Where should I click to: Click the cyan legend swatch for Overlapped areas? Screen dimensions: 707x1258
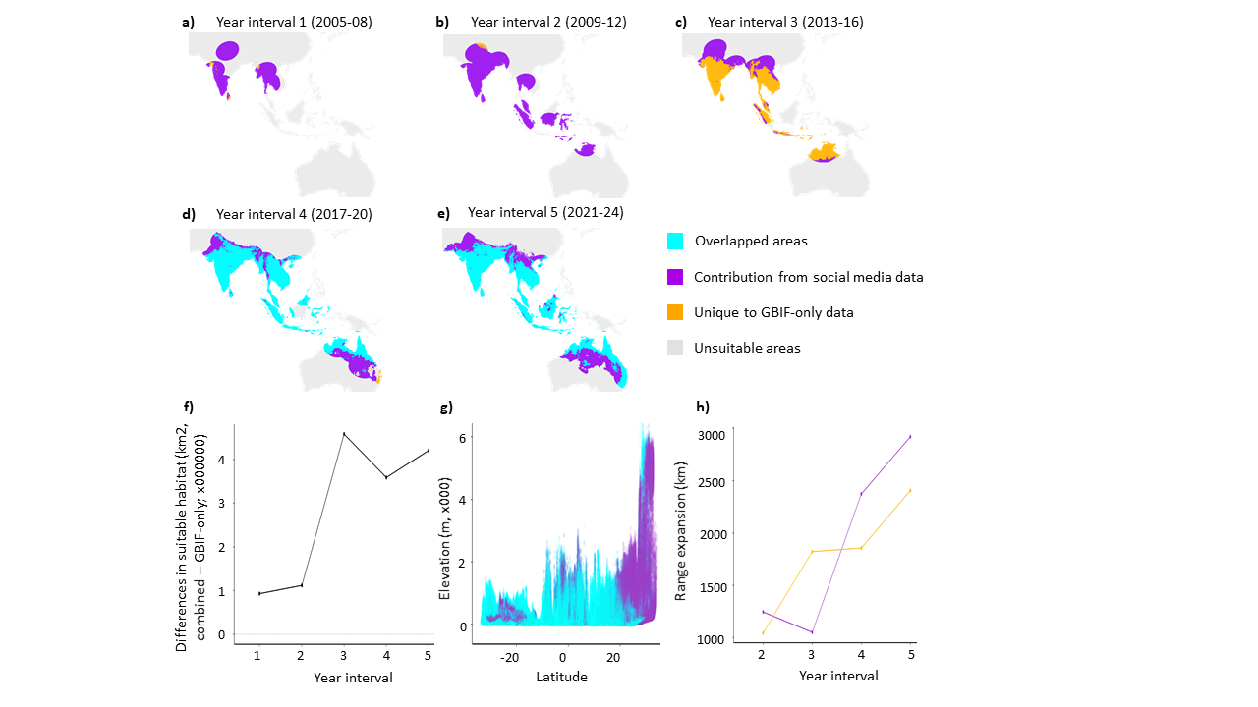tap(674, 242)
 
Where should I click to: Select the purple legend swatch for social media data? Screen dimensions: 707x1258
tap(674, 277)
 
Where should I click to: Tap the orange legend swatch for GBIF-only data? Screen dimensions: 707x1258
tap(674, 312)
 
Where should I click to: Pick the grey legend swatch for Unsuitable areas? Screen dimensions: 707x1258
tap(674, 348)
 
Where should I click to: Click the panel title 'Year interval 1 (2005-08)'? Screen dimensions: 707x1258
tap(281, 22)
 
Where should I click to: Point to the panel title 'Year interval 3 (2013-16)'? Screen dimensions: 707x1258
tap(785, 22)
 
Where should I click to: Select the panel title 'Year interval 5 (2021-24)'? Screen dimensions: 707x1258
tap(545, 212)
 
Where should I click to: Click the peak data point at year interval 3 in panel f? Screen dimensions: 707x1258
tap(344, 434)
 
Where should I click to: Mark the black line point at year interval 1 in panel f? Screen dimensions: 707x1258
tap(259, 593)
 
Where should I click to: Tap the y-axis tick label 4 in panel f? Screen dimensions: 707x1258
tap(222, 460)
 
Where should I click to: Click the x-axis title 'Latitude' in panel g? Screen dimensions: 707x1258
tap(562, 677)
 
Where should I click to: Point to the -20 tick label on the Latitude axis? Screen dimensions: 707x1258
tap(510, 656)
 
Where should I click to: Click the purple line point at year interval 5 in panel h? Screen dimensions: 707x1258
tap(910, 436)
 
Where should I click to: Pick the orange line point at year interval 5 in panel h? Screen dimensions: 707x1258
tap(910, 489)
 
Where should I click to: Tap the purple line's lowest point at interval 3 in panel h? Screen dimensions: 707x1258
tap(812, 631)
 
